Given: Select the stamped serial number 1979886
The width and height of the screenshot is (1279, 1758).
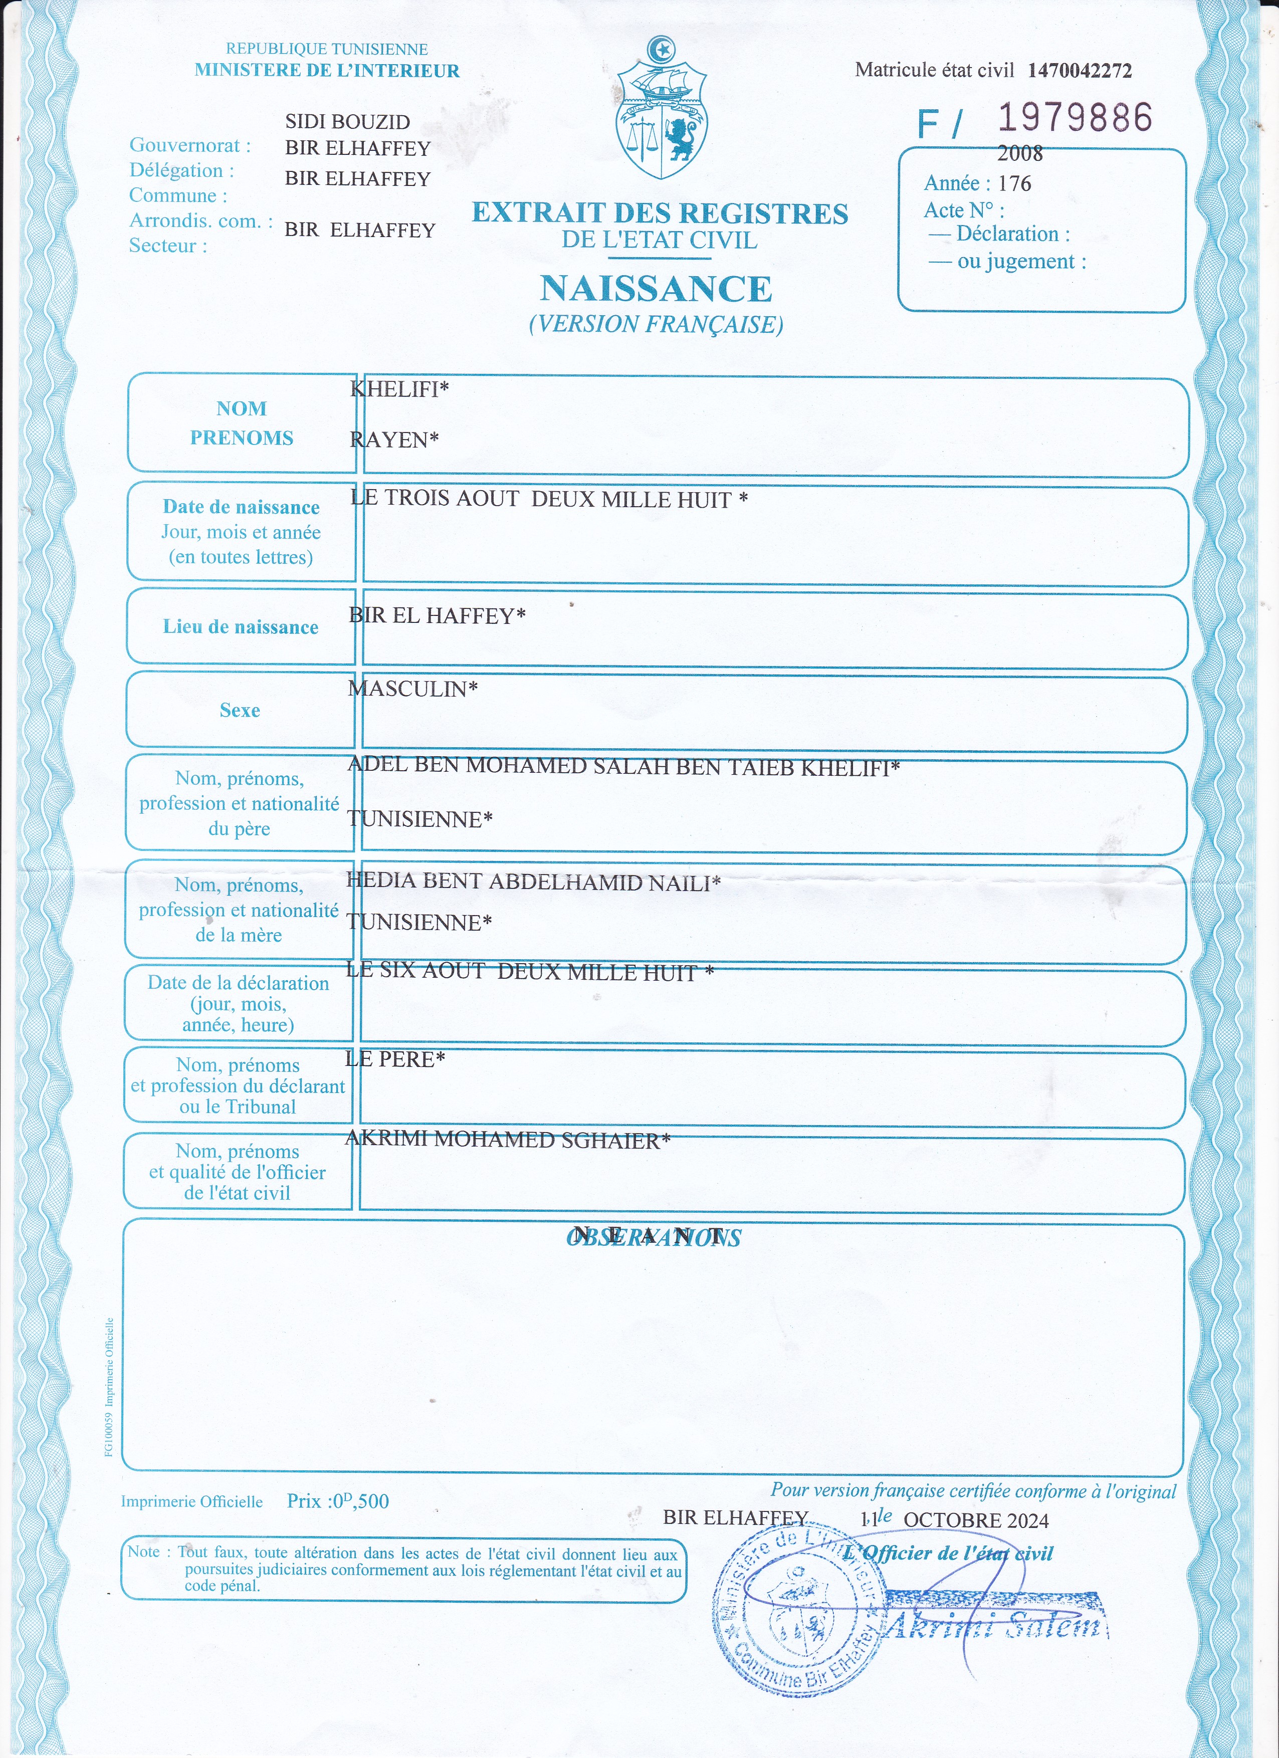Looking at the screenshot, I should [1075, 118].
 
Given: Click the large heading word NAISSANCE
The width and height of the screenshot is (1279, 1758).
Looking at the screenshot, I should [656, 289].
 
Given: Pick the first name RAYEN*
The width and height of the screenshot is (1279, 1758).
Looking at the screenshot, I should [394, 439].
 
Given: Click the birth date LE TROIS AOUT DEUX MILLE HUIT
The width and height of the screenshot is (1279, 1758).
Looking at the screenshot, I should [548, 499].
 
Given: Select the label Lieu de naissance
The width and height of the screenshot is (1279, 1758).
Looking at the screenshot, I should [240, 627].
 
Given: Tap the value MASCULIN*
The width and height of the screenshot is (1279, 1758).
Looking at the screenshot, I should [412, 689].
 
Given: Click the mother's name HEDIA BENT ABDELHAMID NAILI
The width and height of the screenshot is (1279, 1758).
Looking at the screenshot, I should [533, 882].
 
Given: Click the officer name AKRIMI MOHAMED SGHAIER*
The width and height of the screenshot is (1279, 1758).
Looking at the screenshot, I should [507, 1140].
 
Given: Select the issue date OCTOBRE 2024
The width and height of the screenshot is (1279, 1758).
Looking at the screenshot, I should [975, 1520].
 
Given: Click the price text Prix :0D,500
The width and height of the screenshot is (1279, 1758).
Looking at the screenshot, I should [337, 1501].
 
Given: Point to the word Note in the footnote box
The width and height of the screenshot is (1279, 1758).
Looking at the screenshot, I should [143, 1552].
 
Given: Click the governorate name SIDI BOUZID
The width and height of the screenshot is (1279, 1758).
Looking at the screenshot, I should [347, 122].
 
